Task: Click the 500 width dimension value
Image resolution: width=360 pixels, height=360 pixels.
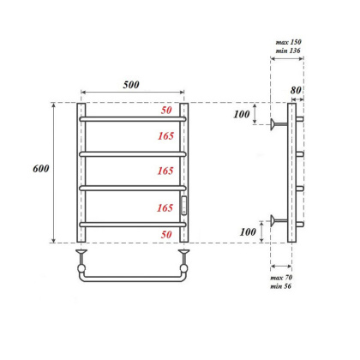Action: (x=131, y=84)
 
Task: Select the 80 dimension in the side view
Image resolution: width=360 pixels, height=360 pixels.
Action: (x=297, y=89)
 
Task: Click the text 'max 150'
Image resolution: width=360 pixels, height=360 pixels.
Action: (x=289, y=42)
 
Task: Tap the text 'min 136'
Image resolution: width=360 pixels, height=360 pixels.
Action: (x=289, y=51)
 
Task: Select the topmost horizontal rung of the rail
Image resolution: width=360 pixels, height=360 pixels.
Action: (x=132, y=119)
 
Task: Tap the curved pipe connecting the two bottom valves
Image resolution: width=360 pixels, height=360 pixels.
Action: (x=132, y=279)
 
